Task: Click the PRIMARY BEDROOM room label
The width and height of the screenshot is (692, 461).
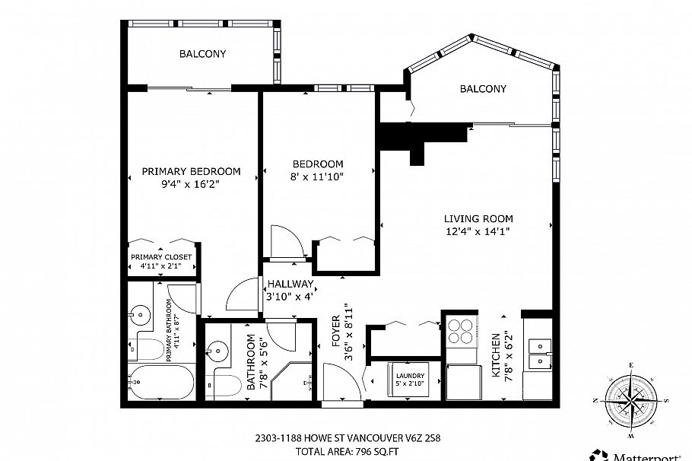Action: [191, 171]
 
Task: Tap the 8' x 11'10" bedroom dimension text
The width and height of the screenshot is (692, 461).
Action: [318, 176]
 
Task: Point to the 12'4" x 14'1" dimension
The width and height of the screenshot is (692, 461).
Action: [477, 231]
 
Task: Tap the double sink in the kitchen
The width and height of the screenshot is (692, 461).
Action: [539, 352]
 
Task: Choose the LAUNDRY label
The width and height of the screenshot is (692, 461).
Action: [409, 376]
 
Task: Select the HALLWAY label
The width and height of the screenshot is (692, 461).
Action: [290, 285]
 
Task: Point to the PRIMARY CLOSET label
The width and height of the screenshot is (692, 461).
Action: [161, 257]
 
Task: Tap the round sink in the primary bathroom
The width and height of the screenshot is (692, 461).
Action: [138, 313]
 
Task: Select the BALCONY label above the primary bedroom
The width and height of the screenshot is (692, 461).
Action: [202, 53]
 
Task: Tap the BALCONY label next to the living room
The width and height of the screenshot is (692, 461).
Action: [483, 89]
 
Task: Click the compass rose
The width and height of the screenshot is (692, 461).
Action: [630, 399]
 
